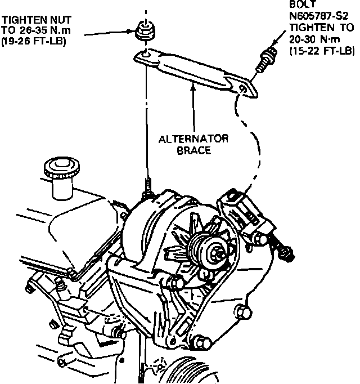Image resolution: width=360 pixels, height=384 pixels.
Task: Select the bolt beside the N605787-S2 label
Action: click(x=267, y=60)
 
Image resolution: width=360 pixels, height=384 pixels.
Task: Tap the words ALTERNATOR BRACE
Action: click(x=193, y=145)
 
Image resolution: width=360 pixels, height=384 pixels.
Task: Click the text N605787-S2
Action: click(x=318, y=17)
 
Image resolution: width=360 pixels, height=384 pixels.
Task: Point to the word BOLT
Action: click(x=301, y=5)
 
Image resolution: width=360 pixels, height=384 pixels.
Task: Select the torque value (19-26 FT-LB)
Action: click(x=34, y=41)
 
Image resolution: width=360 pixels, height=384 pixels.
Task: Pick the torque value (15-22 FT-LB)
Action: click(x=322, y=51)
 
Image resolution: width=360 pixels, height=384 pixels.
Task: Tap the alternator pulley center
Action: click(x=215, y=253)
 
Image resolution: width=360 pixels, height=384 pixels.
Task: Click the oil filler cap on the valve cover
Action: click(x=59, y=169)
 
